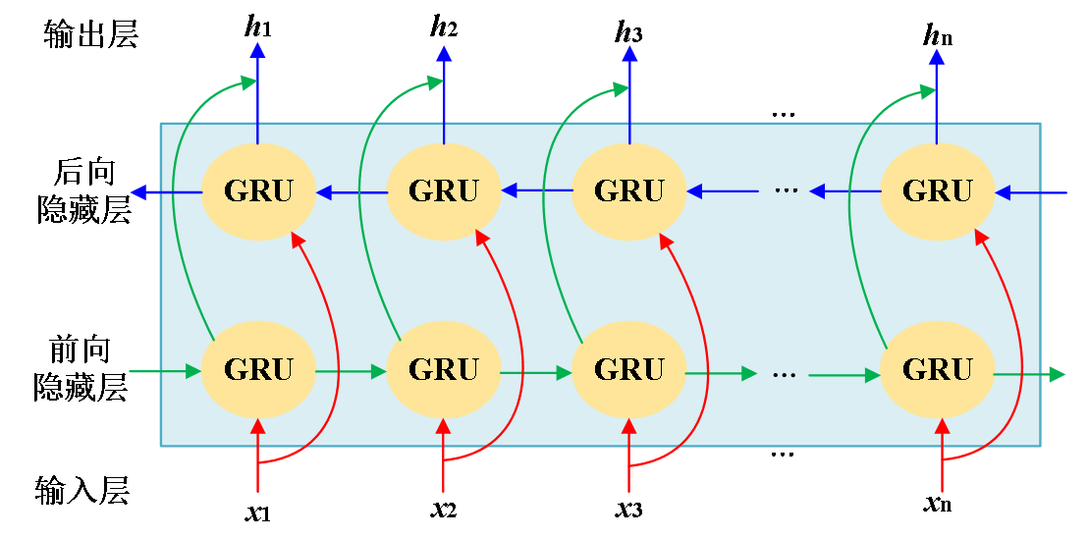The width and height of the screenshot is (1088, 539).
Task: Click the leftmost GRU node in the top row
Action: (258, 191)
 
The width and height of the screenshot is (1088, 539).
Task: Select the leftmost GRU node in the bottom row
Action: (258, 370)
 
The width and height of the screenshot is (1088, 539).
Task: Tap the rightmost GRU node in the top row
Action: (937, 191)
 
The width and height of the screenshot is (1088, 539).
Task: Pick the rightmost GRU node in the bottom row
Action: (937, 370)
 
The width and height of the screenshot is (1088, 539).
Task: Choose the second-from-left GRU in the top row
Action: (444, 191)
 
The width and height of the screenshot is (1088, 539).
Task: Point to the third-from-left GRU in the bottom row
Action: (628, 370)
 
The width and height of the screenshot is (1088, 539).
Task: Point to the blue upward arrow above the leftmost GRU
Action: (257, 93)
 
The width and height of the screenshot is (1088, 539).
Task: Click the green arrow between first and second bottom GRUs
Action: (351, 372)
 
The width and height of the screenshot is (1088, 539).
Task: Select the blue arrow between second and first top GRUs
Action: (352, 192)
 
